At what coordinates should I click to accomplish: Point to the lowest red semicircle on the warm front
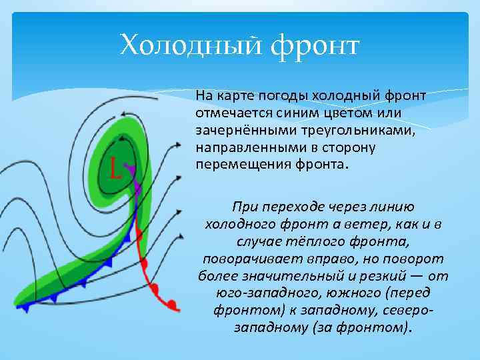pos(172,305)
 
